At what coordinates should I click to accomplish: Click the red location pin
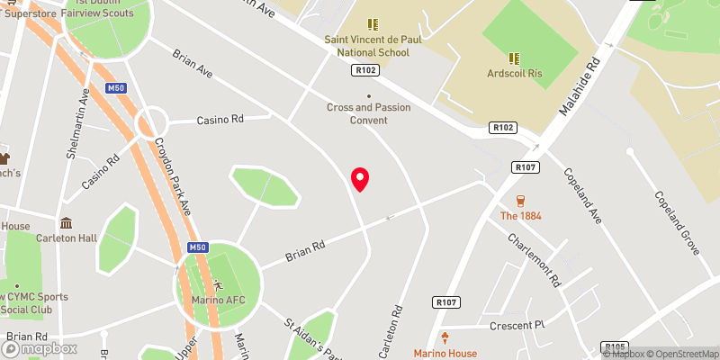(360, 179)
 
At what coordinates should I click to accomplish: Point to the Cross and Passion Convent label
(369, 113)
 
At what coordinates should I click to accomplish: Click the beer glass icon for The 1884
(520, 200)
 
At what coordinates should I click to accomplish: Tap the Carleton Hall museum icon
(66, 223)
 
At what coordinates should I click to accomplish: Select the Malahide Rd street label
(579, 88)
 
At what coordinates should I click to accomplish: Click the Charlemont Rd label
(535, 258)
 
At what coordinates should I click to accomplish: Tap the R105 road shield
(615, 346)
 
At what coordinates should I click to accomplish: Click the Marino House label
(445, 353)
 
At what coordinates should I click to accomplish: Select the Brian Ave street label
(193, 63)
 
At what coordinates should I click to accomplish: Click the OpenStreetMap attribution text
(681, 353)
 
